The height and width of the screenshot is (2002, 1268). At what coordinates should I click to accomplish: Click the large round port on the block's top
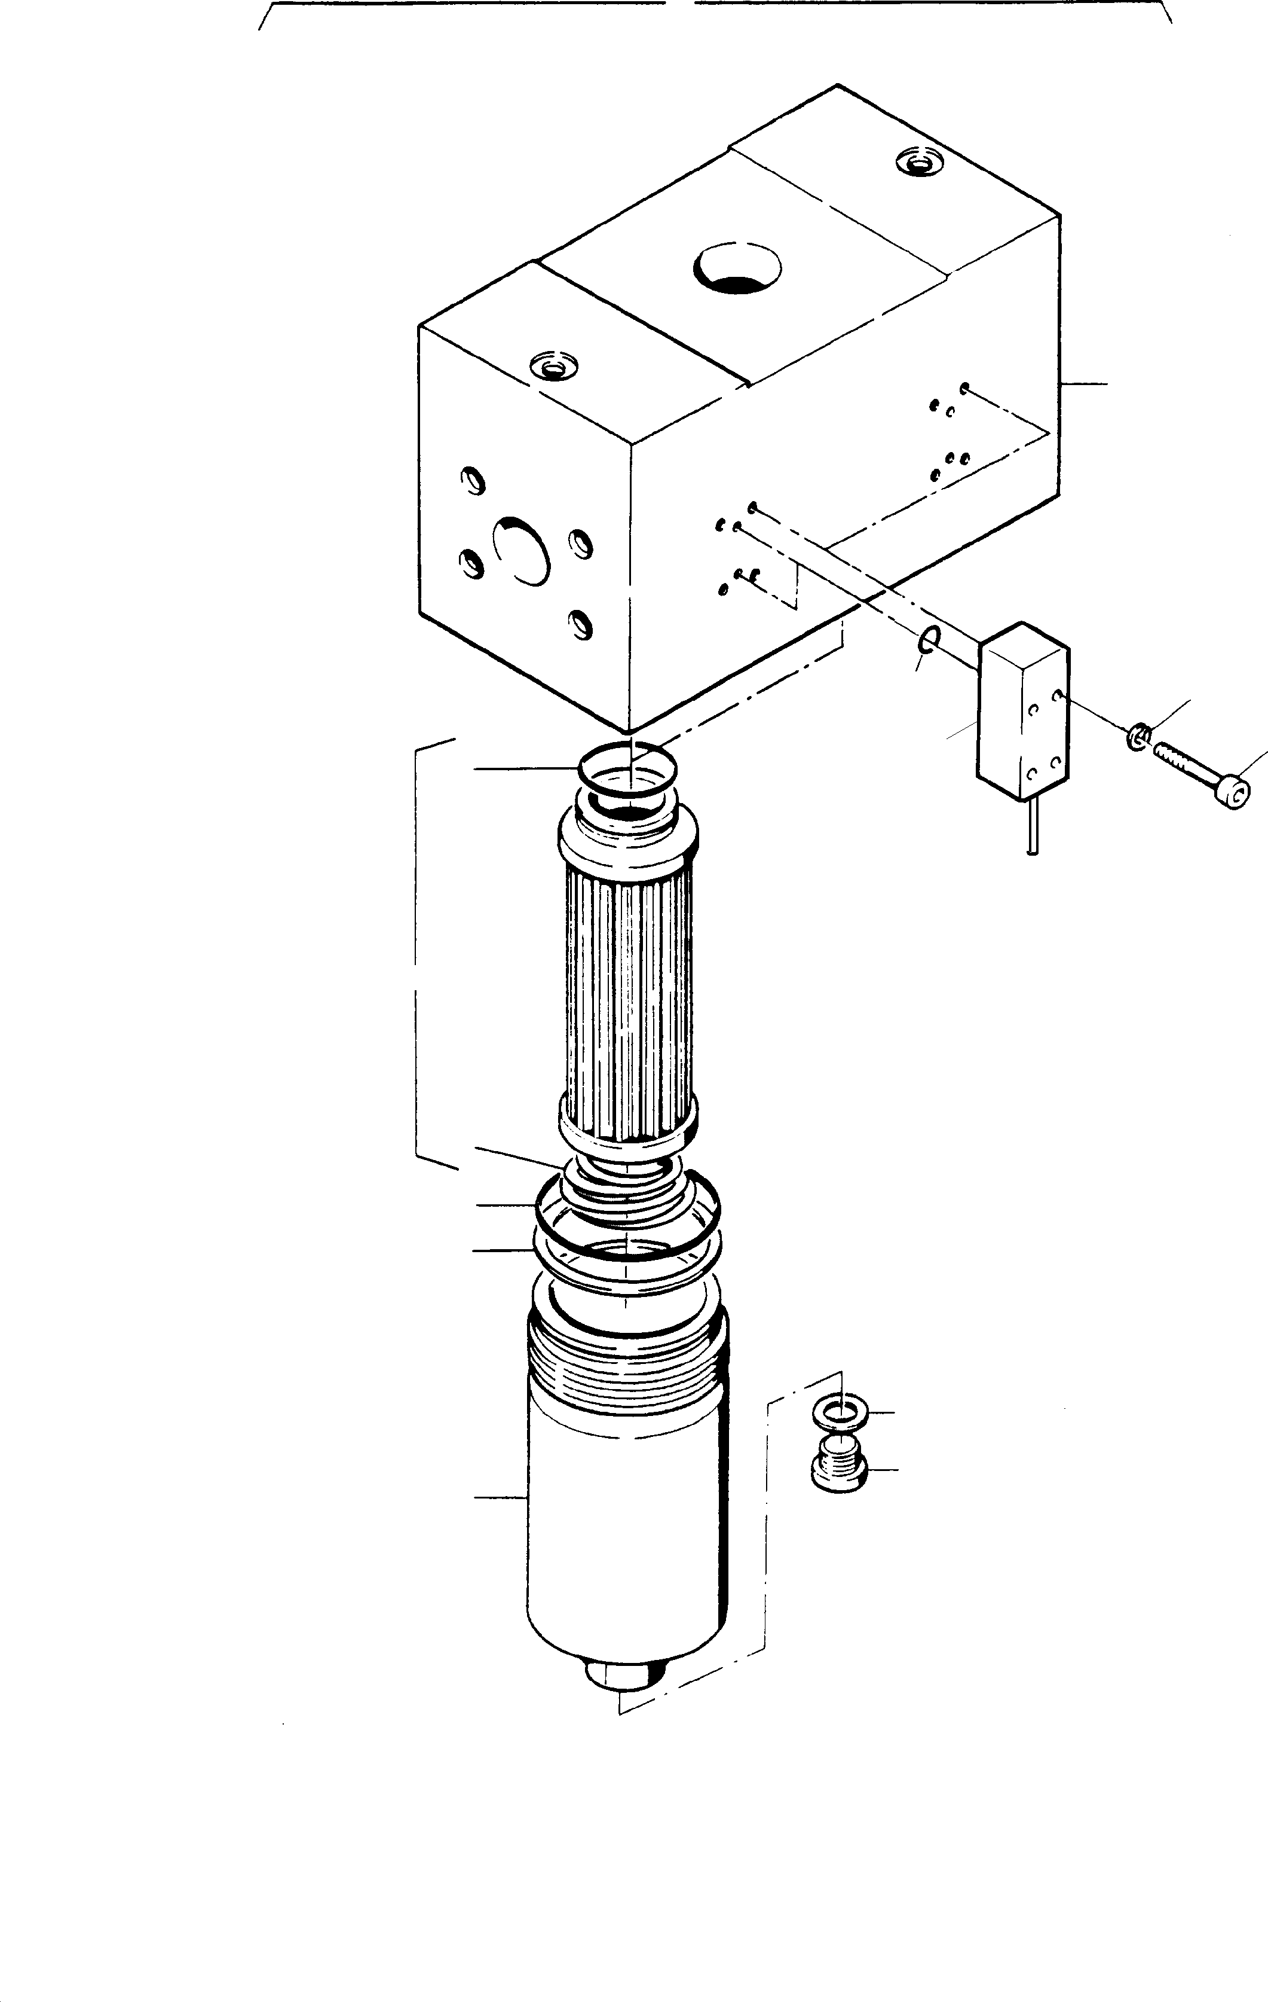coord(739,268)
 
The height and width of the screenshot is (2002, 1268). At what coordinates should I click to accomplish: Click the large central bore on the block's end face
coord(522,550)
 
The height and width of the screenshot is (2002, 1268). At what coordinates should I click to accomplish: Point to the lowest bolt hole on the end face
coord(581,622)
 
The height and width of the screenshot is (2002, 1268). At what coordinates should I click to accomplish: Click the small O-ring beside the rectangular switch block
coord(930,639)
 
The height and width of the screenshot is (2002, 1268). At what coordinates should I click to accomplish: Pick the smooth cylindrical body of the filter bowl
coord(627,1538)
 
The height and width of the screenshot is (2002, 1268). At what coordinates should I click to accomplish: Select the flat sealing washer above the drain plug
coord(841,1412)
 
